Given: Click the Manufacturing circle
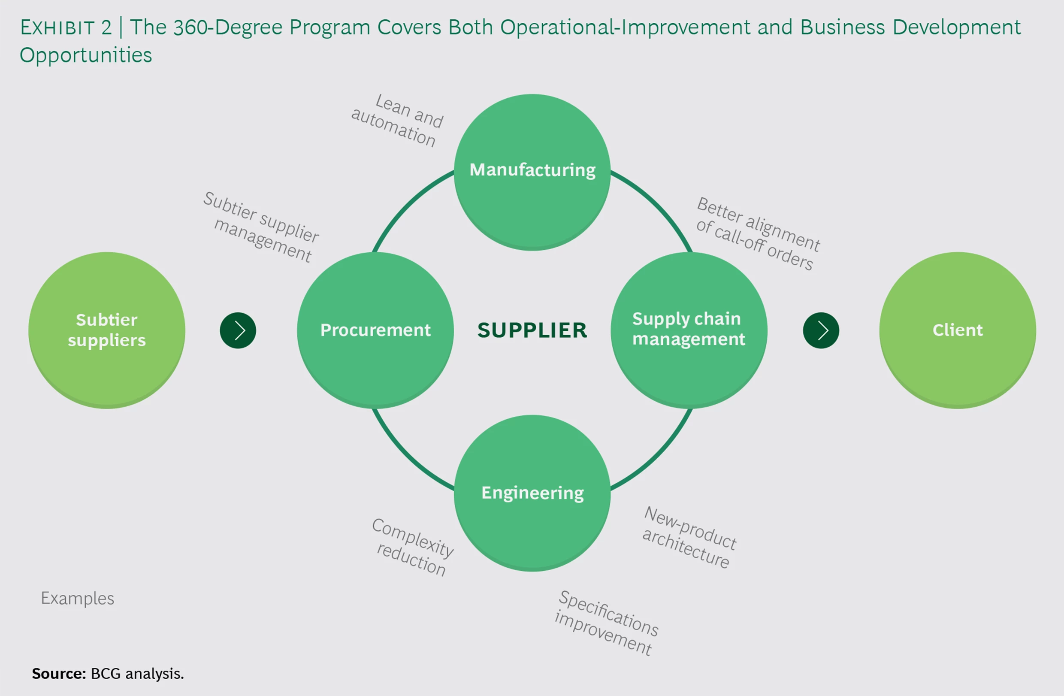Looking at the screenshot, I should coord(532,172).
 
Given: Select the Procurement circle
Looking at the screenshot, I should coord(375,330).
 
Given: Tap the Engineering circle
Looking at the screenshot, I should coord(532,493).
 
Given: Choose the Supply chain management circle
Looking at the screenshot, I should coord(689,330).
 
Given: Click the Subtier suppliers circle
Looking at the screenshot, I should coord(106,330).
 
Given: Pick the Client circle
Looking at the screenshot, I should coord(957,330).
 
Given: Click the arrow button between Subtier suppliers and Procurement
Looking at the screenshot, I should coord(238,330).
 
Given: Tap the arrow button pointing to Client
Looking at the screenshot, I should coord(821,330).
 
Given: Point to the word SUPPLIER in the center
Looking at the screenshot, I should coord(532,330).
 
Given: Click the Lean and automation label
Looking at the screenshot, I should coord(397,120).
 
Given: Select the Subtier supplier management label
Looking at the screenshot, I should coord(262,227).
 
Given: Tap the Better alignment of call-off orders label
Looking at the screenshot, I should coord(758,233).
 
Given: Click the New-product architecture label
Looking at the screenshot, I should coord(689,537).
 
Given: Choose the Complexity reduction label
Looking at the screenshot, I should coord(413,547).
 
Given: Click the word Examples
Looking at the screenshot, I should coord(77,598).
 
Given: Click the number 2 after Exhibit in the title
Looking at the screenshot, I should coord(106,28).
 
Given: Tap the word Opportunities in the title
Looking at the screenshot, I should coord(86,55).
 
